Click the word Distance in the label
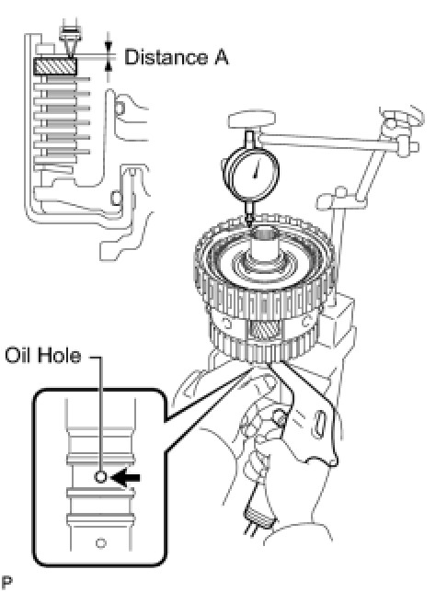click(x=166, y=57)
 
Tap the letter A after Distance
click(x=222, y=58)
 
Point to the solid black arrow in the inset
click(x=127, y=478)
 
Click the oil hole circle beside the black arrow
click(x=100, y=477)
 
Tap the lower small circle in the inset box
click(x=100, y=543)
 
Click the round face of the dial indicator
click(x=251, y=171)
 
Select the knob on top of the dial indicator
click(x=252, y=120)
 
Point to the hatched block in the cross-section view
click(x=55, y=66)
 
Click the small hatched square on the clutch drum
click(x=264, y=330)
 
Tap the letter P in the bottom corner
click(x=7, y=584)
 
